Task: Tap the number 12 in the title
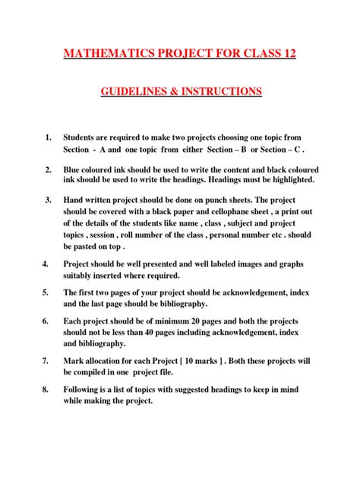pyautogui.click(x=286, y=54)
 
